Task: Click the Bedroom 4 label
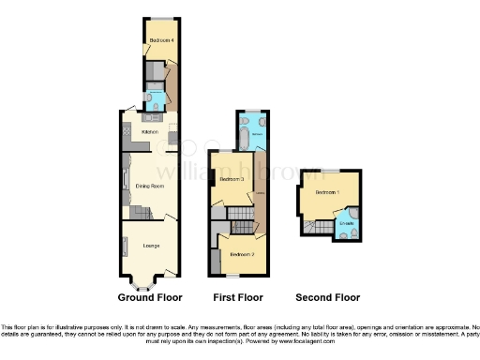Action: (157, 40)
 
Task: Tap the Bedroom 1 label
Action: (325, 192)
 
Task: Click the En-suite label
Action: (346, 222)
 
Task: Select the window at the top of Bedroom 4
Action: (159, 19)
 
